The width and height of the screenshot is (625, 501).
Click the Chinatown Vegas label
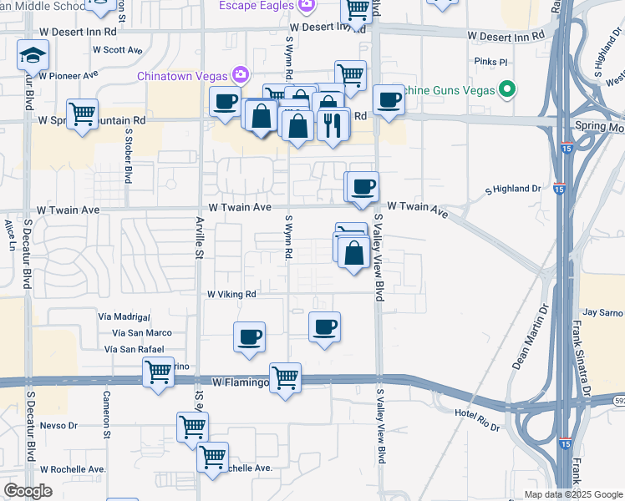tap(185, 77)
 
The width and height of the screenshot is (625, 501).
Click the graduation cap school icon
tap(33, 56)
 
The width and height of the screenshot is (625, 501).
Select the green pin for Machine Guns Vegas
tap(506, 89)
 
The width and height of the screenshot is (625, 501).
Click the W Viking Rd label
tap(231, 294)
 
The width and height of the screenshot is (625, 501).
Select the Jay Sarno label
tap(602, 312)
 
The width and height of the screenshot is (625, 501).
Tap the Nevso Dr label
tap(59, 425)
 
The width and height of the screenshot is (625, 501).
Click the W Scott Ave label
tap(118, 50)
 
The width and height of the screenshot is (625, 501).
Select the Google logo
tap(28, 491)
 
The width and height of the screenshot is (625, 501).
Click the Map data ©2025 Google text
tap(572, 494)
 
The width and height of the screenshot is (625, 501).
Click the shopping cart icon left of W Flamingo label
tap(157, 372)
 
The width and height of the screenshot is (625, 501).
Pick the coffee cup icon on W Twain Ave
tap(363, 186)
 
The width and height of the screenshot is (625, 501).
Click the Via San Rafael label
tap(137, 349)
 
